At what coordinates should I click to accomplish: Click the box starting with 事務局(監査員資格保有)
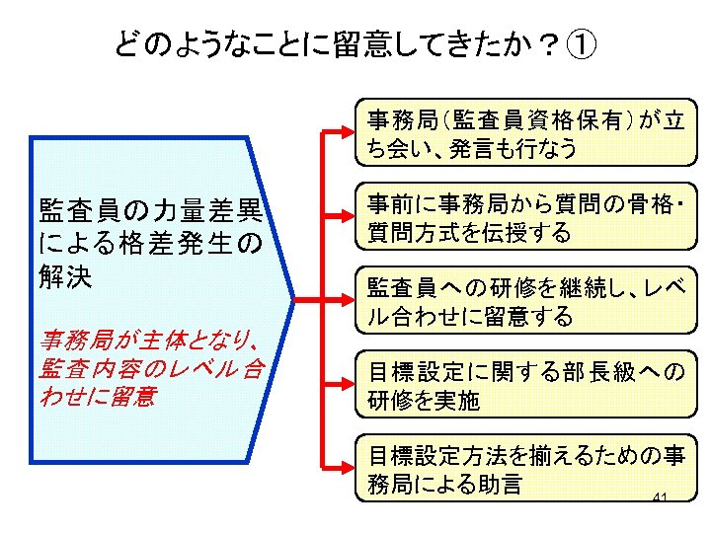[524, 134]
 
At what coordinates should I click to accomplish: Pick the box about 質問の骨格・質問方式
[524, 218]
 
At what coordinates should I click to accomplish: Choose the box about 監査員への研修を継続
[524, 301]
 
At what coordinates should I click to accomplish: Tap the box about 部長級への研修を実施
[524, 385]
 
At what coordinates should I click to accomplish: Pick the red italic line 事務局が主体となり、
[149, 342]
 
